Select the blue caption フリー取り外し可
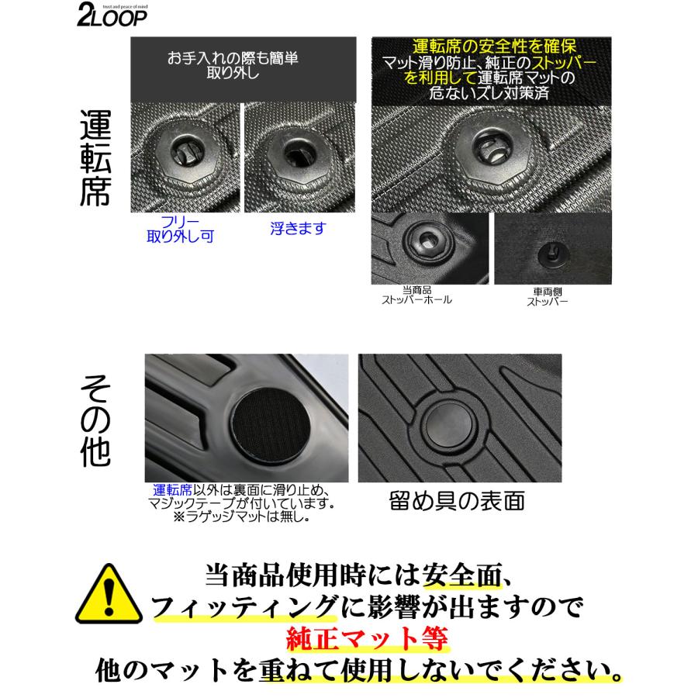coord(180,231)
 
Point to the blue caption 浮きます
coord(299,228)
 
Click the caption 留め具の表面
coord(456,501)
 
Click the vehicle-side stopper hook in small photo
coord(550,252)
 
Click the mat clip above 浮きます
coord(298,152)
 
